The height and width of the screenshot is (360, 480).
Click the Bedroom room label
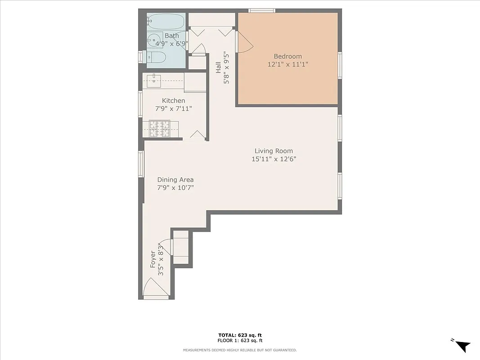[287, 56]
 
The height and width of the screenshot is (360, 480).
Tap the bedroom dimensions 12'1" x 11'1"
[287, 64]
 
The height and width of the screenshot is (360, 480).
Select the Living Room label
[274, 151]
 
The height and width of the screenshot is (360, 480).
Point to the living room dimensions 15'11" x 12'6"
[274, 159]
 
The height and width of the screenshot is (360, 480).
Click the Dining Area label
[175, 180]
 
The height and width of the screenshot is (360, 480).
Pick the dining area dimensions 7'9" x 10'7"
[175, 188]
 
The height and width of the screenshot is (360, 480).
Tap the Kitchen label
[173, 101]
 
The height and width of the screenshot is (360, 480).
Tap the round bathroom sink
[154, 40]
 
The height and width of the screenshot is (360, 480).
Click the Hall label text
[218, 67]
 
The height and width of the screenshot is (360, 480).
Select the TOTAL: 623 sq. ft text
[239, 335]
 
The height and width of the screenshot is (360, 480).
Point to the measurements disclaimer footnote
[239, 350]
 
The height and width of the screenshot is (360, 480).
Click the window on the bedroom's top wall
[262, 11]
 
